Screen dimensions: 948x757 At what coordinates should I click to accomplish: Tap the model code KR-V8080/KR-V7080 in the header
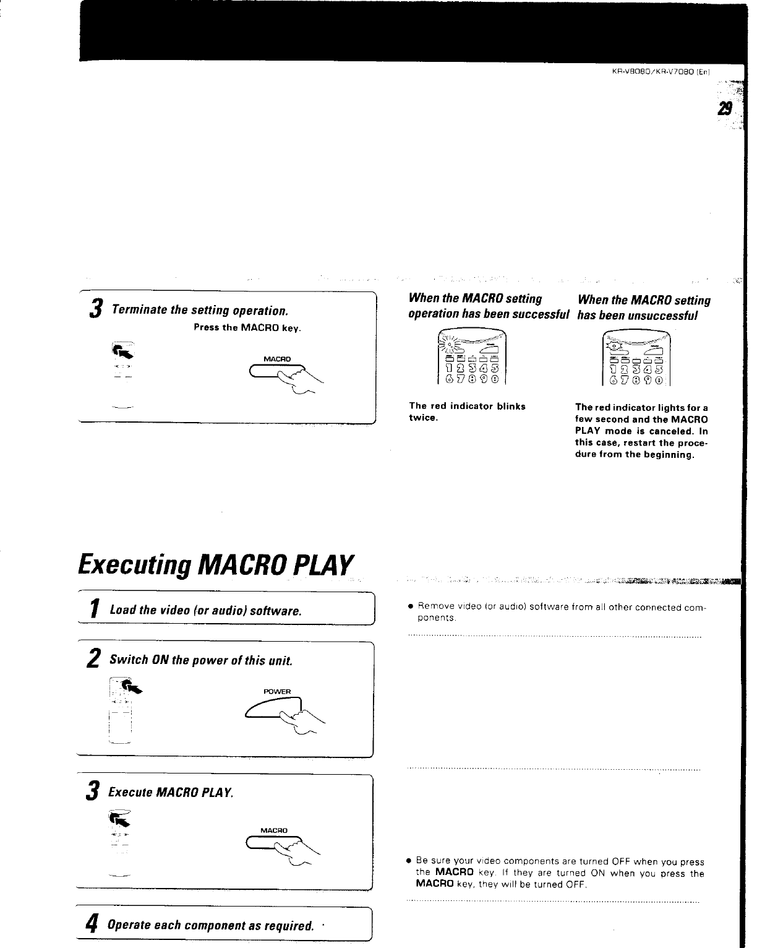[x=661, y=71]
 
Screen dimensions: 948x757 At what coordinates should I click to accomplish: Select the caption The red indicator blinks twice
[x=467, y=412]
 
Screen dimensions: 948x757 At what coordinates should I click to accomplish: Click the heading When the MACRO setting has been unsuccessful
[x=643, y=308]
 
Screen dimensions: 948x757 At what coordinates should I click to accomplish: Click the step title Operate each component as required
[x=208, y=926]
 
